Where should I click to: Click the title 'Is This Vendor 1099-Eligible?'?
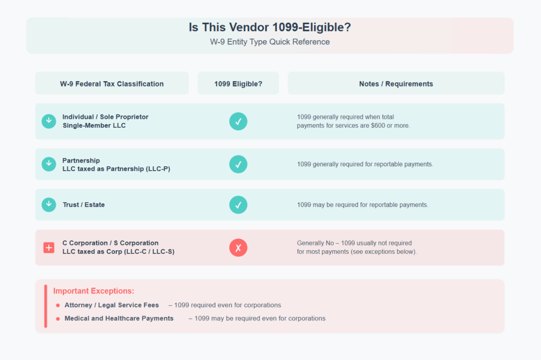click(x=269, y=27)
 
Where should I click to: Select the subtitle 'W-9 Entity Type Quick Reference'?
click(x=269, y=42)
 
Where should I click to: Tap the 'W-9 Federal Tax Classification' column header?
click(x=111, y=83)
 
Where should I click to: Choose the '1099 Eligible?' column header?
click(x=238, y=83)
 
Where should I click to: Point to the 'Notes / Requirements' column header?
click(x=396, y=83)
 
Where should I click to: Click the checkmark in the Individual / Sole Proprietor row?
click(x=238, y=121)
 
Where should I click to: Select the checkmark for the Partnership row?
click(x=238, y=164)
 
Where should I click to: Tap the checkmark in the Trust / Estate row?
click(x=238, y=205)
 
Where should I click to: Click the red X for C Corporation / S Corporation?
click(x=238, y=248)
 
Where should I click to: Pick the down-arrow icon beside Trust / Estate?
click(x=49, y=205)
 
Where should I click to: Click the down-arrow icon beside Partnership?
click(x=49, y=164)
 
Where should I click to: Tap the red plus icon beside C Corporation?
click(x=49, y=248)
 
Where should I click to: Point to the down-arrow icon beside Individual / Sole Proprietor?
click(x=49, y=121)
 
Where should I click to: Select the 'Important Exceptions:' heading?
click(x=94, y=291)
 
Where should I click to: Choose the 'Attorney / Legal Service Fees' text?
click(x=111, y=305)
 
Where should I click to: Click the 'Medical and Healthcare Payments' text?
click(x=119, y=318)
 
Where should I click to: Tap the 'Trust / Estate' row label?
click(x=83, y=205)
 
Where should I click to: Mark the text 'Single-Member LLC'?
click(x=94, y=126)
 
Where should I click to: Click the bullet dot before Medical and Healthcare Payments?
click(x=58, y=318)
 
